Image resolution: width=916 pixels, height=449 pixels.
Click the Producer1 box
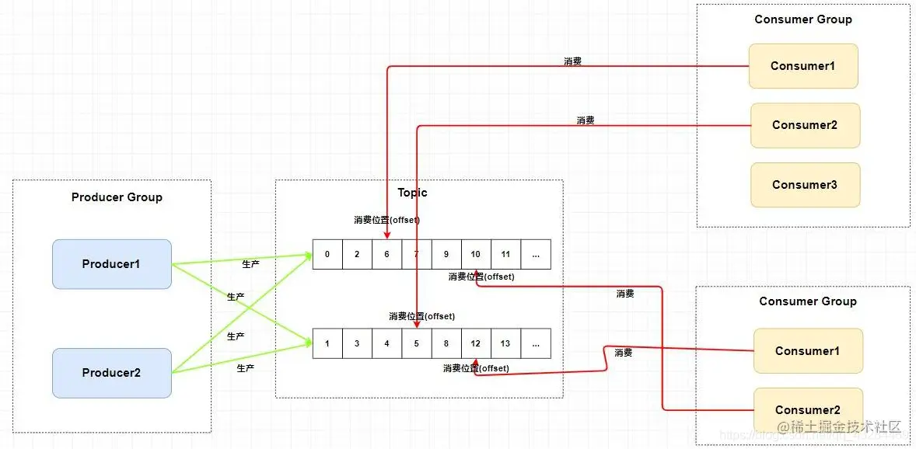click(111, 264)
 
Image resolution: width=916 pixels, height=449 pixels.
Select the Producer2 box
click(111, 373)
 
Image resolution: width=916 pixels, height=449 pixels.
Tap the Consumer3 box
click(805, 185)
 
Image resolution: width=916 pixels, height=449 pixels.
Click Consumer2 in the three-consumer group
click(805, 125)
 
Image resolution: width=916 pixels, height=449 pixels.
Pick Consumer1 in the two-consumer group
click(807, 351)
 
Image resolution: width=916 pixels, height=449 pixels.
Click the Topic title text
click(412, 193)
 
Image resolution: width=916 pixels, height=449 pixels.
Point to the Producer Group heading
click(117, 197)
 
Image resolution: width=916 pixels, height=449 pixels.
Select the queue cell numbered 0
click(327, 254)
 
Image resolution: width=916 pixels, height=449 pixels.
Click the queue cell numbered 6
click(386, 254)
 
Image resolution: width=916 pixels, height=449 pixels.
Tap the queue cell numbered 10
click(476, 254)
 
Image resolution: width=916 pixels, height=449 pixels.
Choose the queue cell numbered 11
click(505, 254)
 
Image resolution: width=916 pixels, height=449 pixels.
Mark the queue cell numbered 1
click(327, 343)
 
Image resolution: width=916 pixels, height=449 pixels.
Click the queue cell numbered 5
click(416, 343)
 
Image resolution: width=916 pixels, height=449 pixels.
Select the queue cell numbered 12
click(476, 343)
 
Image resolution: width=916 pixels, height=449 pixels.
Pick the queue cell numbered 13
click(505, 343)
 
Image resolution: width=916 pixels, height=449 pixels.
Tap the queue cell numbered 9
click(446, 254)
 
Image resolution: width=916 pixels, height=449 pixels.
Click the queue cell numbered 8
click(446, 343)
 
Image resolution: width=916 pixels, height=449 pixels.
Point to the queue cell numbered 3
click(357, 343)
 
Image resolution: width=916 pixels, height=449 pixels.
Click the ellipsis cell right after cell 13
click(536, 343)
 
